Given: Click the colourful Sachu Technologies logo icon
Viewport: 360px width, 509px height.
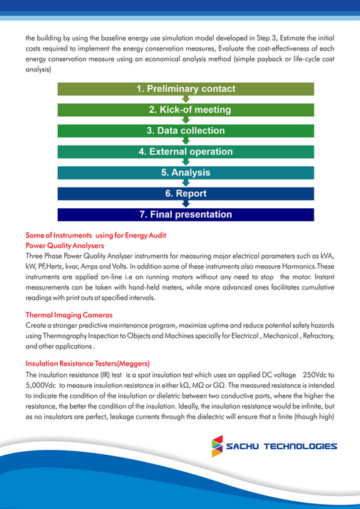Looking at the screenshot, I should pyautogui.click(x=215, y=446).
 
